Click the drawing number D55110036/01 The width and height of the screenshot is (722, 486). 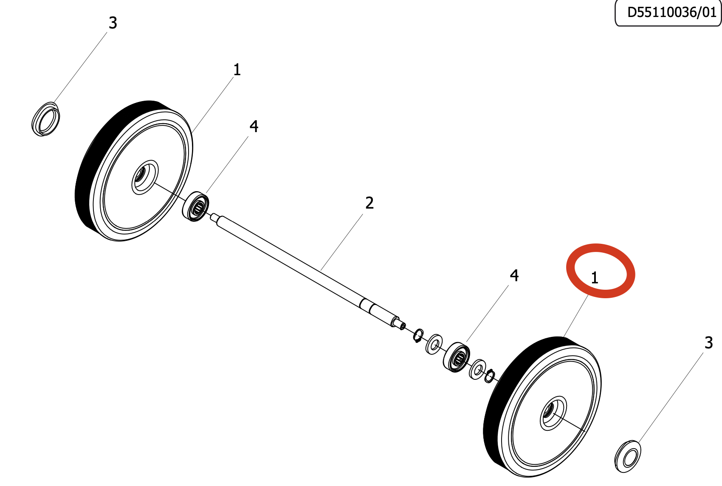671,12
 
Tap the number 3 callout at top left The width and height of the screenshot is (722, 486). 113,23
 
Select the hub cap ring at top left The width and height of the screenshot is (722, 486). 46,119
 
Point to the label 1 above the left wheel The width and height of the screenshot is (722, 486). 237,70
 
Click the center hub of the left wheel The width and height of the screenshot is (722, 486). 141,176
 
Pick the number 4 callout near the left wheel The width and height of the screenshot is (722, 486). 254,126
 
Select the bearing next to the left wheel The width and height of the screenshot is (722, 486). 196,206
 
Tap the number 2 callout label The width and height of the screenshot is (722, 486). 369,203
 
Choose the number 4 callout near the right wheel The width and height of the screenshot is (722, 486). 514,276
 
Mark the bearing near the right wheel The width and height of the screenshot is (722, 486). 457,357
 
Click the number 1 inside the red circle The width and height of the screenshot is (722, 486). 595,278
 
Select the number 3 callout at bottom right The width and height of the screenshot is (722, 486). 708,343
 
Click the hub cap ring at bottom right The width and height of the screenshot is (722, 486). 628,457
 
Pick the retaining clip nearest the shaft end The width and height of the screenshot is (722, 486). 418,336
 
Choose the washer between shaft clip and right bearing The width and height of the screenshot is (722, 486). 434,345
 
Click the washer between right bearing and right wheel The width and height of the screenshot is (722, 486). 478,369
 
